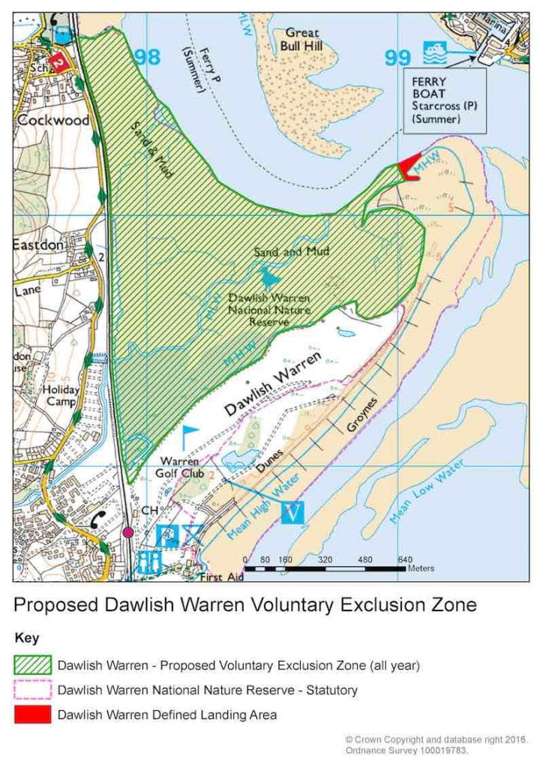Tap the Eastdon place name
pyautogui.click(x=38, y=244)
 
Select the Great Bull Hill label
pyautogui.click(x=301, y=40)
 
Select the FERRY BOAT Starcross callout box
pyautogui.click(x=444, y=100)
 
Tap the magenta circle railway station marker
pyautogui.click(x=128, y=532)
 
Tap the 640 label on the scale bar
pyautogui.click(x=405, y=559)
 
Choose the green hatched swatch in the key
pyautogui.click(x=32, y=665)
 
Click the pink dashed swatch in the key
pyautogui.click(x=32, y=690)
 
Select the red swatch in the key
pyautogui.click(x=32, y=715)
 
